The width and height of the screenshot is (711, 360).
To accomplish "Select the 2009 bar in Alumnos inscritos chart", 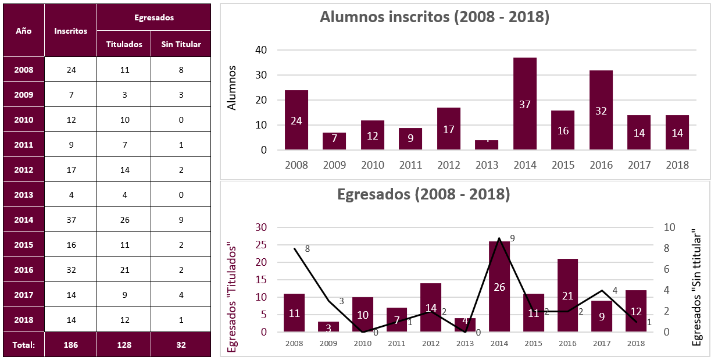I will [334, 141].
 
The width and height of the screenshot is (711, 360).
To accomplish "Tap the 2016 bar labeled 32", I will [601, 110].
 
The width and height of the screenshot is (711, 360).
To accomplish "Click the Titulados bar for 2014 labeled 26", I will [499, 287].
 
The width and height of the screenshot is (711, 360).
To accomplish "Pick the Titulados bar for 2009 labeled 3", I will [328, 326].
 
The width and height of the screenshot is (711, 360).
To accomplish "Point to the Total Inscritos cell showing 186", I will [70, 344].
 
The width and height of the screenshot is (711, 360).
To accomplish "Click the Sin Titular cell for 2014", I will [180, 220].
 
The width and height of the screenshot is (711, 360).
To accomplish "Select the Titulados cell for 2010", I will [124, 120].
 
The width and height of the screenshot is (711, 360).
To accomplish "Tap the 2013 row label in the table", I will [24, 195].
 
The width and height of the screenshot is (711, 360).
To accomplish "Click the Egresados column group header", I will [153, 17].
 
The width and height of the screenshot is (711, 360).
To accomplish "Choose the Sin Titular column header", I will [180, 44].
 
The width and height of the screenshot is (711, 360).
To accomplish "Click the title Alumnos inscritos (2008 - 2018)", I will [434, 17].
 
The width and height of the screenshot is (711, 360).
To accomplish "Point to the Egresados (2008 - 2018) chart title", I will [423, 194].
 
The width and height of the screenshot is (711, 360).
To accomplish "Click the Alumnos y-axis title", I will [232, 88].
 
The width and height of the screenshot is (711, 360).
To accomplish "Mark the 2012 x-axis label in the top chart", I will [448, 165].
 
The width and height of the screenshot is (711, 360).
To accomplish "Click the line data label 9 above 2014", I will [512, 238].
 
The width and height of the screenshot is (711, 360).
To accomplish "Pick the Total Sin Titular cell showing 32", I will [180, 344].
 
